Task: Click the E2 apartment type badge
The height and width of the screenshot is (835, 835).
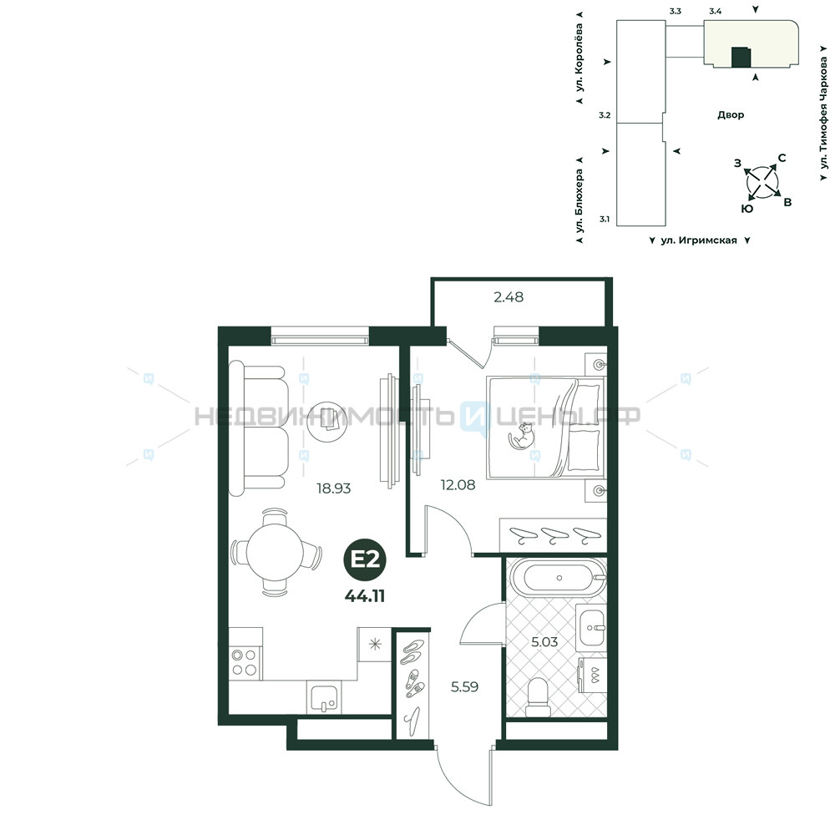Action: click(x=365, y=559)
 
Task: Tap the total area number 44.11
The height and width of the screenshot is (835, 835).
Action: click(x=365, y=596)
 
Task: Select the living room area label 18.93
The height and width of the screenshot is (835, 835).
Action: click(x=334, y=488)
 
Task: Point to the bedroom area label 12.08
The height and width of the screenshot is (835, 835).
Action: click(x=458, y=484)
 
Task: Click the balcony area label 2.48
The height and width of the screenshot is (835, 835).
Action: click(x=509, y=296)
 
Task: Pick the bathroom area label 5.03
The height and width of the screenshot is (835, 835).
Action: click(x=544, y=641)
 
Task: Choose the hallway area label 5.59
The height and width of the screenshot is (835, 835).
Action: click(x=464, y=687)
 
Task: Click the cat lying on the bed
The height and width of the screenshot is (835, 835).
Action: click(x=522, y=437)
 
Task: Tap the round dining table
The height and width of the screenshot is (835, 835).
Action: click(x=275, y=552)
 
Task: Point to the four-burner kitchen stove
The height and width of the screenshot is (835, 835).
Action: click(x=245, y=663)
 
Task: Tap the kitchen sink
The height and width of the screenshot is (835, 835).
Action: click(x=324, y=697)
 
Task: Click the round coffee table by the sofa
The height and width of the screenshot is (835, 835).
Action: click(x=327, y=422)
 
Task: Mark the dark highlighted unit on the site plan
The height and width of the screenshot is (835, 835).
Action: click(x=741, y=57)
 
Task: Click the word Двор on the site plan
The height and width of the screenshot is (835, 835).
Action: click(x=731, y=114)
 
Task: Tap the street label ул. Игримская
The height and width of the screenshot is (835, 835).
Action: click(x=699, y=240)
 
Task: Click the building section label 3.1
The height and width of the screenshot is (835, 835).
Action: click(x=605, y=219)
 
